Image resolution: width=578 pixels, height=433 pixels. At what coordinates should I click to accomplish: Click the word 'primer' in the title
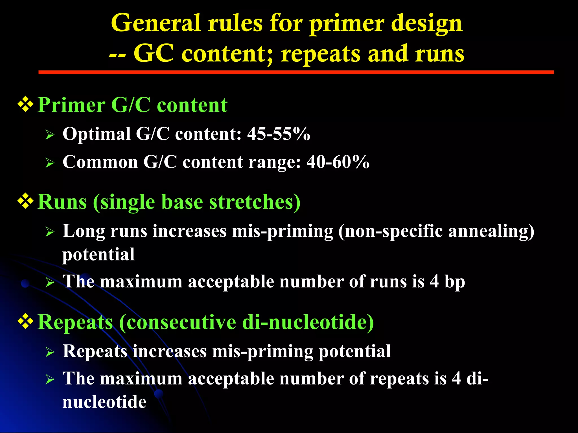click(347, 24)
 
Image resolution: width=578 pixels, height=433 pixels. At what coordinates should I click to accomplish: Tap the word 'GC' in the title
click(153, 54)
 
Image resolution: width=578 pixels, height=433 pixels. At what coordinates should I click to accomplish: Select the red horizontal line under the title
click(296, 72)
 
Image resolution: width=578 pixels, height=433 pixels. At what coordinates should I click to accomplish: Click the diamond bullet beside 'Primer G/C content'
click(26, 105)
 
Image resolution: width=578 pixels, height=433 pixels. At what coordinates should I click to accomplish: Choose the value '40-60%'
click(338, 162)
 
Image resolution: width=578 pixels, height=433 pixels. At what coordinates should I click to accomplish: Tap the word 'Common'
click(100, 162)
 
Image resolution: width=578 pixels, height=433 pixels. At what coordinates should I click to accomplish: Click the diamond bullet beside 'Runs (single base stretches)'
click(26, 201)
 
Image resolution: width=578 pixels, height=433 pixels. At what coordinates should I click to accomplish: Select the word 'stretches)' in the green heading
click(255, 202)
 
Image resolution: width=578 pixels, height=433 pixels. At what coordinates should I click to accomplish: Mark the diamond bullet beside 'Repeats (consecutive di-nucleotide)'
click(26, 321)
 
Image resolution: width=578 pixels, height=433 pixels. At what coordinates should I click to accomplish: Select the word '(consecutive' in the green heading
click(177, 322)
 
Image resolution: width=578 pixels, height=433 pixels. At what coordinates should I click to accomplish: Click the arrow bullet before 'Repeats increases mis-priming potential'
click(50, 352)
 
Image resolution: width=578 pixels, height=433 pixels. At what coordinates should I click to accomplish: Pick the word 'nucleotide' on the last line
click(104, 402)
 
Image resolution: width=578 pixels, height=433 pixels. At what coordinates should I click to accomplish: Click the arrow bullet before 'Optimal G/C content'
click(50, 135)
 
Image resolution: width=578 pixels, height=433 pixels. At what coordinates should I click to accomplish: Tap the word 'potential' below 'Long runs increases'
click(98, 255)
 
